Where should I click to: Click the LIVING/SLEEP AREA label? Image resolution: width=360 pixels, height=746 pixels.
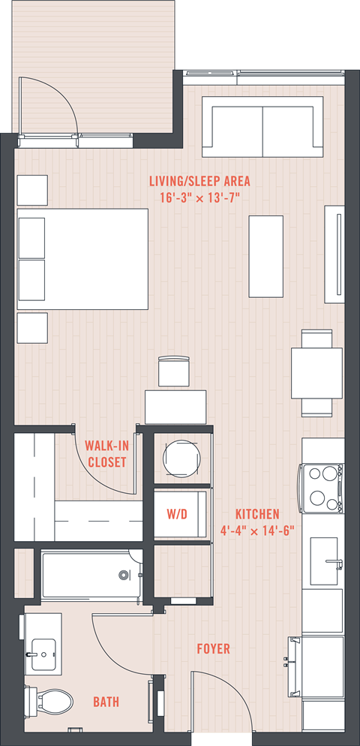click(x=199, y=182)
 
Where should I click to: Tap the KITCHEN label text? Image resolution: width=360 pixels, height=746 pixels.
click(x=257, y=514)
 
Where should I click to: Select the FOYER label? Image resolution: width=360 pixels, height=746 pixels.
click(x=214, y=648)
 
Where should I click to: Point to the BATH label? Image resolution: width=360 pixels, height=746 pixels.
click(x=106, y=701)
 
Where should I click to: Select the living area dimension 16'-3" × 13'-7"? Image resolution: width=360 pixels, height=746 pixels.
click(x=199, y=197)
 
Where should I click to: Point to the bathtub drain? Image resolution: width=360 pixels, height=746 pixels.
click(x=124, y=575)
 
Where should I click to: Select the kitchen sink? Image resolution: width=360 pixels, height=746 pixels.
click(x=324, y=561)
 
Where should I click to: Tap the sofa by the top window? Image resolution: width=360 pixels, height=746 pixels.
click(x=262, y=127)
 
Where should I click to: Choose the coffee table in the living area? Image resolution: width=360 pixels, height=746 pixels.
click(x=265, y=257)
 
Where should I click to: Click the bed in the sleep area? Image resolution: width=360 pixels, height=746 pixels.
click(x=82, y=259)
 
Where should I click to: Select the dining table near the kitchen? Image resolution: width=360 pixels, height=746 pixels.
click(x=316, y=373)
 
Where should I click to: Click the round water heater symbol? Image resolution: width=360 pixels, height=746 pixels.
click(x=181, y=459)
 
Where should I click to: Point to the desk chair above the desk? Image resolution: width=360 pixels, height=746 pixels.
click(x=174, y=371)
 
